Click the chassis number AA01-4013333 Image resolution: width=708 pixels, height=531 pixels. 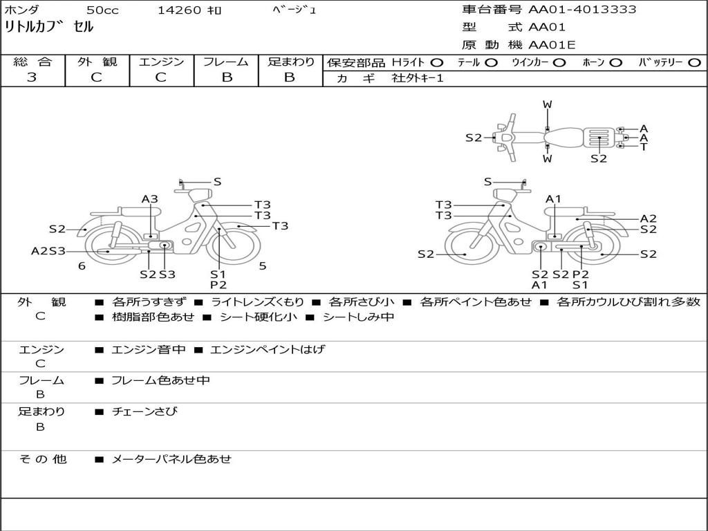pyautogui.click(x=582, y=10)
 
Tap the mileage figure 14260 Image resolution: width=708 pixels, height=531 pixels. pyautogui.click(x=179, y=10)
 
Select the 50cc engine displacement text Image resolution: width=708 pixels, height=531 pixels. pyautogui.click(x=102, y=10)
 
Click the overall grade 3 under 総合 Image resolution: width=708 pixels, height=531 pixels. pyautogui.click(x=32, y=77)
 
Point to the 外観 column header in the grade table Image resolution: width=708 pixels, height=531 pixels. pyautogui.click(x=97, y=62)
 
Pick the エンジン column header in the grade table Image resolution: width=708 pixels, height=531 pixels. pyautogui.click(x=161, y=62)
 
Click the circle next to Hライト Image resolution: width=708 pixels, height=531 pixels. pyautogui.click(x=437, y=62)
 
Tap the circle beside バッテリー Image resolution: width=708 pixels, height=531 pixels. pyautogui.click(x=694, y=62)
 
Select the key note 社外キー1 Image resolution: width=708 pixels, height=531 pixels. pyautogui.click(x=418, y=78)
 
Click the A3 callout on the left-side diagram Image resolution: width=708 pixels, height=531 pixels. pyautogui.click(x=149, y=199)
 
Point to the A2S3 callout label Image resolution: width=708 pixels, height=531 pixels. pyautogui.click(x=48, y=251)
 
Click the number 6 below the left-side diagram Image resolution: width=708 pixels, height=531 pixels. pyautogui.click(x=82, y=266)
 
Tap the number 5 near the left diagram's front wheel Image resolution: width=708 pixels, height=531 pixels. pyautogui.click(x=263, y=266)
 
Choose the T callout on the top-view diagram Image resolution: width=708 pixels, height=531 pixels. pyautogui.click(x=644, y=147)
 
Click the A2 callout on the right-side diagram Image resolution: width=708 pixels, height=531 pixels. pyautogui.click(x=648, y=218)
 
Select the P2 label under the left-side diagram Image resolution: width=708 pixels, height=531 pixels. pyautogui.click(x=218, y=285)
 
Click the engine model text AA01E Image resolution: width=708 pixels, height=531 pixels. pyautogui.click(x=552, y=45)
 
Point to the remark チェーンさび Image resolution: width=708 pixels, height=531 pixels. pyautogui.click(x=145, y=411)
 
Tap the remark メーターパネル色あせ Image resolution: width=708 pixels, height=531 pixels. pyautogui.click(x=171, y=459)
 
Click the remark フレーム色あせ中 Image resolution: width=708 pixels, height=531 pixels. pyautogui.click(x=160, y=380)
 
